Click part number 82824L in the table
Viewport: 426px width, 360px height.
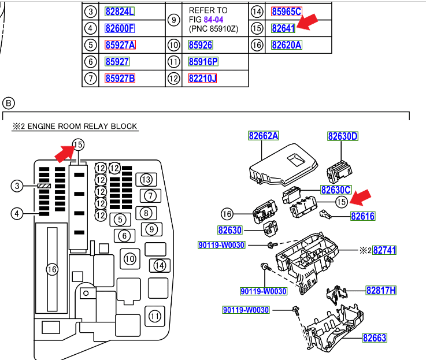pyautogui.click(x=120, y=12)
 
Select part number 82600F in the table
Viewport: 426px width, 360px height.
pyautogui.click(x=120, y=28)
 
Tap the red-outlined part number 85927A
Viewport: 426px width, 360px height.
pyautogui.click(x=120, y=45)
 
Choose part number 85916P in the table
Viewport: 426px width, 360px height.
pyautogui.click(x=203, y=62)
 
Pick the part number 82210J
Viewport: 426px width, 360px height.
pyautogui.click(x=202, y=78)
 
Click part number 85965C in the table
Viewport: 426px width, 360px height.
pyautogui.click(x=286, y=12)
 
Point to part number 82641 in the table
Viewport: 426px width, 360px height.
pyautogui.click(x=283, y=28)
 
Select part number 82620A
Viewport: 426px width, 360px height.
pyautogui.click(x=286, y=45)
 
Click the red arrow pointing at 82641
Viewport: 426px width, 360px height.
pyautogui.click(x=308, y=23)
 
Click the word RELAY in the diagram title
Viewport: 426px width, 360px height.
pyautogui.click(x=91, y=126)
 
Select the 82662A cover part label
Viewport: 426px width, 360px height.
pyautogui.click(x=264, y=136)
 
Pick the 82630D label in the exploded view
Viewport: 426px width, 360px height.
pyautogui.click(x=343, y=136)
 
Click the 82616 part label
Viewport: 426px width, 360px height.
pyautogui.click(x=362, y=216)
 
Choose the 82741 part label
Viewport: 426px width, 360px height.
pyautogui.click(x=384, y=250)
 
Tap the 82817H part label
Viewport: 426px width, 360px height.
pyautogui.click(x=380, y=291)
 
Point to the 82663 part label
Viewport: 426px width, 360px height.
pyautogui.click(x=375, y=338)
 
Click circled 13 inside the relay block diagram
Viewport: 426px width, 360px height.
pyautogui.click(x=147, y=179)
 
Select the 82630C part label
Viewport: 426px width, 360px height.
pyautogui.click(x=336, y=190)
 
